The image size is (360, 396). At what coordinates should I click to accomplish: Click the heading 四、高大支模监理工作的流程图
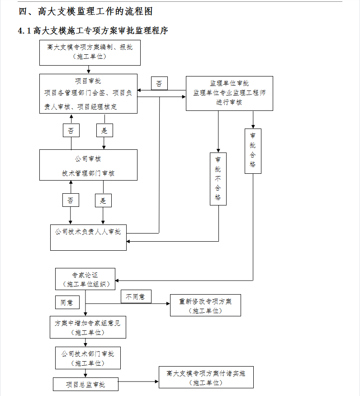pos(85,11)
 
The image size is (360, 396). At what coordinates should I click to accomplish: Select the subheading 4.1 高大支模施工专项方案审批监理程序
pos(93,31)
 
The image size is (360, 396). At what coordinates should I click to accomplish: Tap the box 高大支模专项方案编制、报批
pos(90,52)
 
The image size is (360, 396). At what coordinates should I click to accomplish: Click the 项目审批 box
pos(88,94)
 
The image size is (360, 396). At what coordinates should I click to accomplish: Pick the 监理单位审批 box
pos(229,93)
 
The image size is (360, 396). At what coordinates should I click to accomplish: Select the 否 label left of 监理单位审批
pos(159,83)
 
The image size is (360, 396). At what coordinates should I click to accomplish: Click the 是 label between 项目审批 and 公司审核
pos(104,130)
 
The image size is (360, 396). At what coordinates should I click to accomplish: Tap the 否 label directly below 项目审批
pos(71,130)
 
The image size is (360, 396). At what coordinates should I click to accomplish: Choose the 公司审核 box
pos(88,165)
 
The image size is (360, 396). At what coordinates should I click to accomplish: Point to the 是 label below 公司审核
pos(103,200)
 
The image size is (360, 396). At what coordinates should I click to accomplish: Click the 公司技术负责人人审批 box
pos(88,238)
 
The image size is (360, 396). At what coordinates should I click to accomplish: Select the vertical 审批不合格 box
pos(218,179)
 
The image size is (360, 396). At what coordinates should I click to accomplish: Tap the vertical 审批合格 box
pos(253,151)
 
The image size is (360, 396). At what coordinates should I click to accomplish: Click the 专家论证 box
pos(85,279)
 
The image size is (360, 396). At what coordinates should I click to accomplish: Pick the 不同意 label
pos(136,296)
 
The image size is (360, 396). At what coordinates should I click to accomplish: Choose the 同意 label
pos(67,302)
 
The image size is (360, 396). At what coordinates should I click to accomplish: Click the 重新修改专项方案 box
pos(205,305)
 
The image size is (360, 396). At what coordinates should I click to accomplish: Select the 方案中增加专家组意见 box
pos(88,327)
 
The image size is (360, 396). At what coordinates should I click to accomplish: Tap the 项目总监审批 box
pos(85,384)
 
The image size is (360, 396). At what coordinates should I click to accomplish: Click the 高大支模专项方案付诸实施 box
pos(206,377)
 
